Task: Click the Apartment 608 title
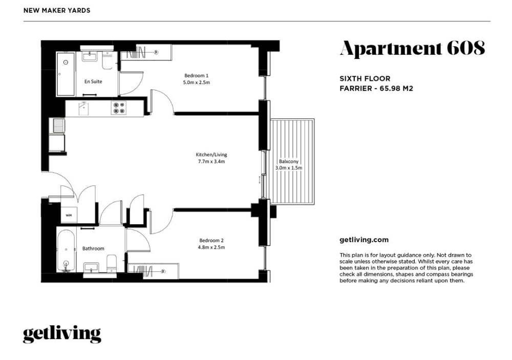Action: pyautogui.click(x=412, y=48)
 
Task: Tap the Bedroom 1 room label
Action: pyautogui.click(x=196, y=75)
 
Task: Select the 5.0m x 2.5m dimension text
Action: pyautogui.click(x=196, y=82)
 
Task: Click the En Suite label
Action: pyautogui.click(x=93, y=81)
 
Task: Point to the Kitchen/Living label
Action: pyautogui.click(x=211, y=155)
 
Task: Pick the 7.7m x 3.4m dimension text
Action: pyautogui.click(x=211, y=161)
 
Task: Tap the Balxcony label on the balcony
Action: pyautogui.click(x=289, y=161)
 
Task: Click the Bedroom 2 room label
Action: pyautogui.click(x=211, y=241)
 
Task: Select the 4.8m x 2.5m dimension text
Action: pyautogui.click(x=211, y=247)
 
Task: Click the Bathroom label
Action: pyautogui.click(x=93, y=248)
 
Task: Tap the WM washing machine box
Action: pyautogui.click(x=69, y=215)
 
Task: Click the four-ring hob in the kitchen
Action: pyautogui.click(x=119, y=108)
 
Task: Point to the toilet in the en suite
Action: pyautogui.click(x=107, y=60)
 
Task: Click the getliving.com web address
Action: pyautogui.click(x=364, y=240)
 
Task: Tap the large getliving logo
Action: pyautogui.click(x=62, y=334)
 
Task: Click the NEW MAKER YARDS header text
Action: pyautogui.click(x=57, y=10)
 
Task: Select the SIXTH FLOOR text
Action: pyautogui.click(x=365, y=79)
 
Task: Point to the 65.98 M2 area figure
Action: pyautogui.click(x=396, y=89)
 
